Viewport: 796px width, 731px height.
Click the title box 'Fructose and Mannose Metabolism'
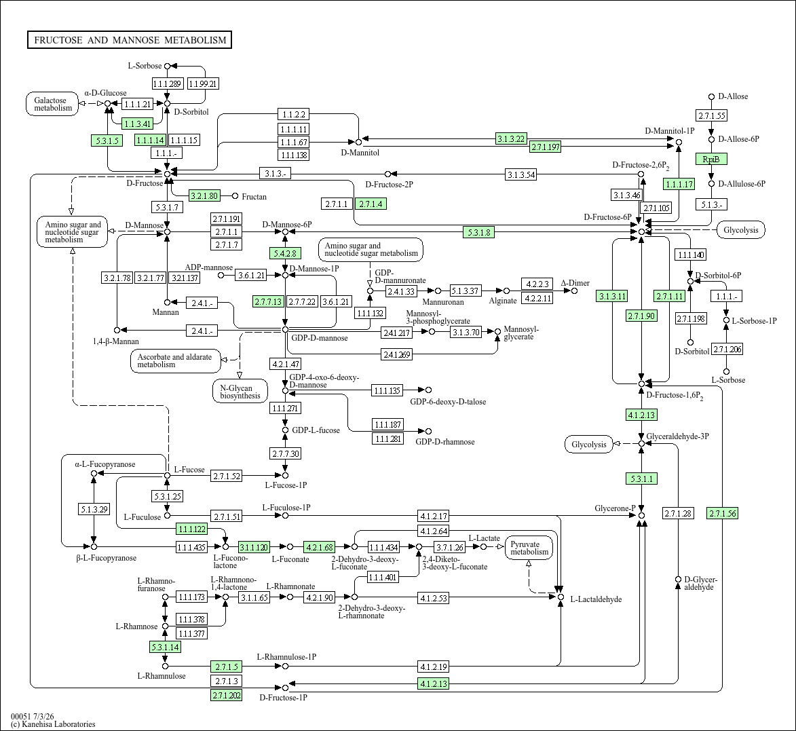[130, 40]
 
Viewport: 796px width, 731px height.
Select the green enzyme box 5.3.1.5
[107, 140]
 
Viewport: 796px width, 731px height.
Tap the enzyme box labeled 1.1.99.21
[203, 83]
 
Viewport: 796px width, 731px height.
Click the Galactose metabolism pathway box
[53, 104]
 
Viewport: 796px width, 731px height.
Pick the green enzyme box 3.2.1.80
[204, 195]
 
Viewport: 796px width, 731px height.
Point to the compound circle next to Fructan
[235, 196]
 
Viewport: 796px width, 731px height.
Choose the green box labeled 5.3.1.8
[478, 233]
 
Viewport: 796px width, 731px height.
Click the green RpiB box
[711, 159]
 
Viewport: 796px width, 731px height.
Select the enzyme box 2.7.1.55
[712, 116]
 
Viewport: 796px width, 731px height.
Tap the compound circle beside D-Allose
[712, 97]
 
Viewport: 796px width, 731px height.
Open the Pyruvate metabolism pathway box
[529, 548]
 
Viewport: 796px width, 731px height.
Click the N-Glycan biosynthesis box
[240, 392]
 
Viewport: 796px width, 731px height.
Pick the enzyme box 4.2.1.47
[285, 364]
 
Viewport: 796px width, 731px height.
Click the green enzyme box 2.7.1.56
[722, 513]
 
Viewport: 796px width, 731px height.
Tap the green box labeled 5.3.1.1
[642, 479]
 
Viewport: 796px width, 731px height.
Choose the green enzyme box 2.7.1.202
[227, 695]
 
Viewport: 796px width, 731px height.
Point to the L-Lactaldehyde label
[596, 599]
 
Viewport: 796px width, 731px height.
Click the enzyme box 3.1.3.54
[521, 174]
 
